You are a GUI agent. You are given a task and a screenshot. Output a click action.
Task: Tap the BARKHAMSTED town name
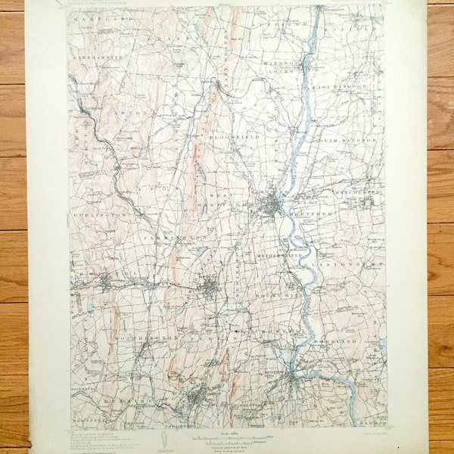coord(98,57)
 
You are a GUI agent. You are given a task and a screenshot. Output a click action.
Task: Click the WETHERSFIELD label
coord(290,257)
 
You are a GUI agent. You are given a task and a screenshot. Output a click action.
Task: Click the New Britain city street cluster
coord(210,285)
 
